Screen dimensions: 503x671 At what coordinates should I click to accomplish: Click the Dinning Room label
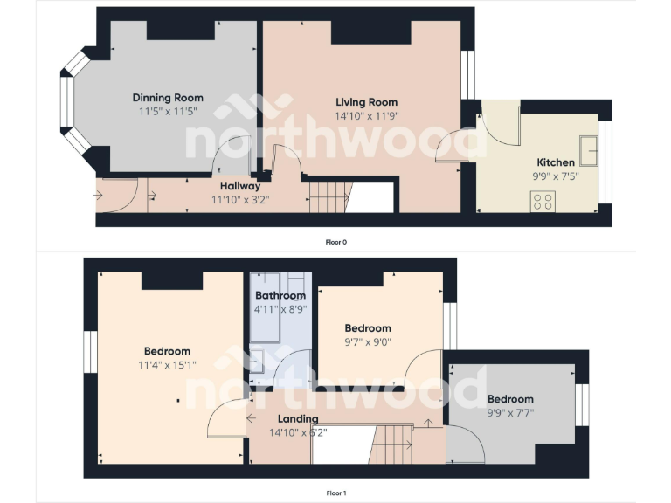point(168,98)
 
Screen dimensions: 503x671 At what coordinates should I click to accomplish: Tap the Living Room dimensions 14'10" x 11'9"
point(367,115)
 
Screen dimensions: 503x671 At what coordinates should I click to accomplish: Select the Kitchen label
point(555,162)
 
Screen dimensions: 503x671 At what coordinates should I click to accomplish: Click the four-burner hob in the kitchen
point(542,201)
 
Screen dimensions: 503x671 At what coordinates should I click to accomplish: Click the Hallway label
point(240,186)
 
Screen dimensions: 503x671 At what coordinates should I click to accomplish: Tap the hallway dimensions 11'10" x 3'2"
point(240,199)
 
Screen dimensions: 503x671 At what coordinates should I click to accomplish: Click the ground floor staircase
point(328,195)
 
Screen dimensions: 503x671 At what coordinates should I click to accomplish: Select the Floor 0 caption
point(336,242)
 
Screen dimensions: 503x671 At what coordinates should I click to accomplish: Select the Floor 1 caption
point(336,493)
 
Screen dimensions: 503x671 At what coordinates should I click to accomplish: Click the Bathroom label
point(280,296)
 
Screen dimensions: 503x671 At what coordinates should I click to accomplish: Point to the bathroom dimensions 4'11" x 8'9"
point(280,309)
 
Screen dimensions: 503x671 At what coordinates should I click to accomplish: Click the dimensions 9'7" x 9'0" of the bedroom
point(368,341)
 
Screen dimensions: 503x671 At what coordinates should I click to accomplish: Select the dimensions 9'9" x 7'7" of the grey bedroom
point(510,412)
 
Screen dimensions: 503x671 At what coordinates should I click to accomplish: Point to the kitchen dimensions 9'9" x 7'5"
point(555,176)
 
